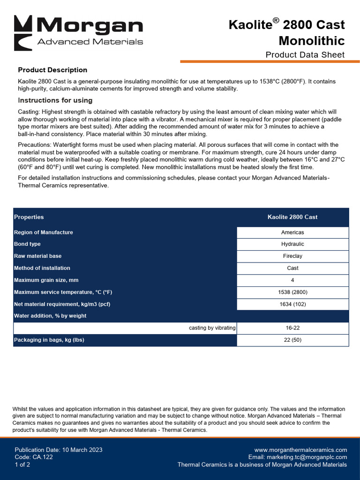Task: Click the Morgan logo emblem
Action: [23, 33]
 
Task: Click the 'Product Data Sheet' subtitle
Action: [305, 55]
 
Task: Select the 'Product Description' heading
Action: [52, 70]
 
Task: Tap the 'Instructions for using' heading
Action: [55, 100]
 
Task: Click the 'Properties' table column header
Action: [29, 217]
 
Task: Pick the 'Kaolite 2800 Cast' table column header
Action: [292, 217]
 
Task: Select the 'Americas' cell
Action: [292, 232]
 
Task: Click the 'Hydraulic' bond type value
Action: [292, 244]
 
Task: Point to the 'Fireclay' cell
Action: [292, 256]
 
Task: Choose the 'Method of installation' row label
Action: [42, 268]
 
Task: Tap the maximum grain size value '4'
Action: [292, 280]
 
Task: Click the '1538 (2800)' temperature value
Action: [292, 292]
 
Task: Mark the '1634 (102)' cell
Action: [292, 304]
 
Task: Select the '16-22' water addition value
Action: [292, 328]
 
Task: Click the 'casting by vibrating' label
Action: [212, 328]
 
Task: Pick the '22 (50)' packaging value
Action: [292, 340]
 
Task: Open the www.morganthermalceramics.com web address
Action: [300, 450]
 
